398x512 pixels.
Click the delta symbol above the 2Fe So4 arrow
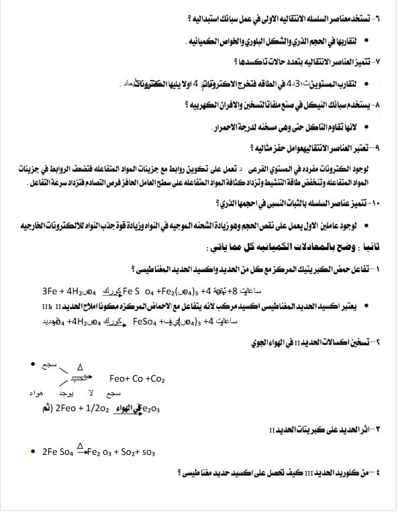80,445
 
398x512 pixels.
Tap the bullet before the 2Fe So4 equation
34,451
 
